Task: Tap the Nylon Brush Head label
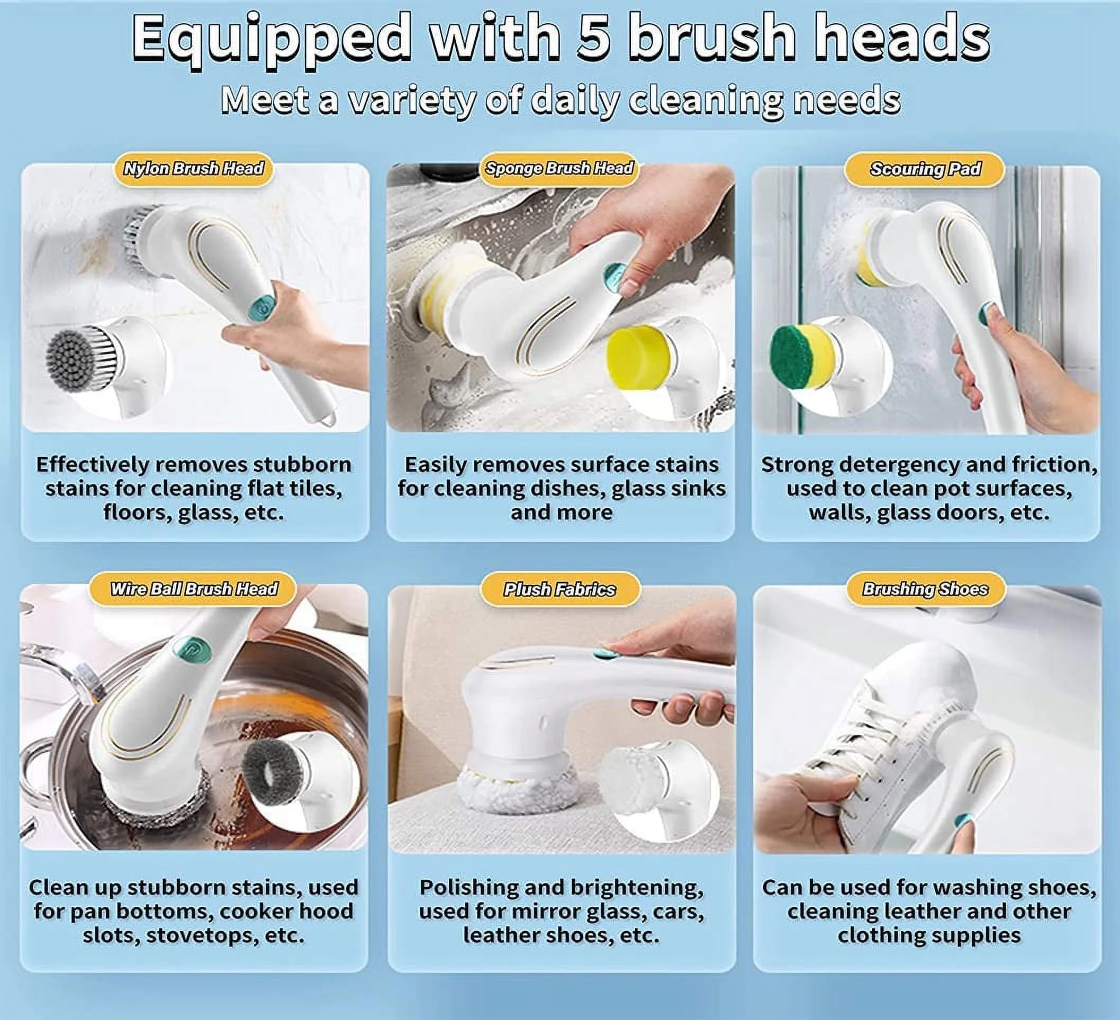[x=193, y=169]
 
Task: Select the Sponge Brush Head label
[x=559, y=168]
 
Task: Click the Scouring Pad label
[x=925, y=169]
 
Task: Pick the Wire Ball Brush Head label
[x=194, y=589]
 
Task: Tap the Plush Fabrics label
[x=559, y=590]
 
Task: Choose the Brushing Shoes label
[x=925, y=589]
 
